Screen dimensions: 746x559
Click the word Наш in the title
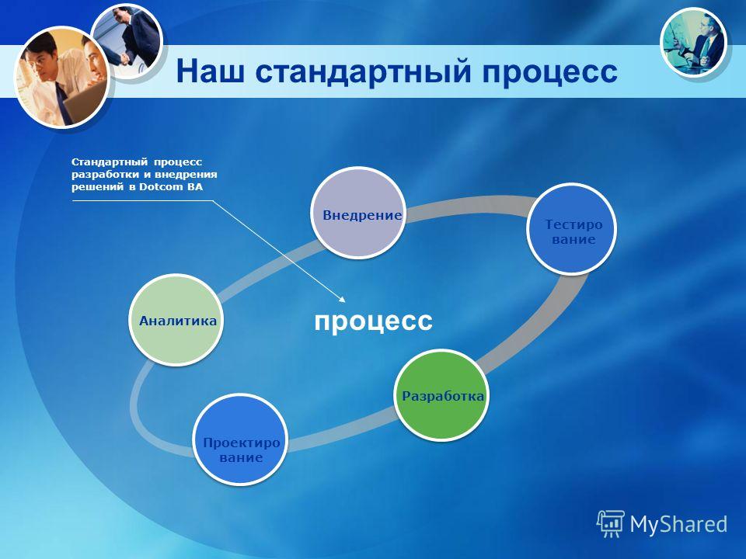tap(211, 71)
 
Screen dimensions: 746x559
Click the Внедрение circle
tap(357, 213)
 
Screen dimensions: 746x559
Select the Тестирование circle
tap(571, 228)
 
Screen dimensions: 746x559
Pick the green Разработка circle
tap(442, 395)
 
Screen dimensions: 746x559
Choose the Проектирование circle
tap(240, 439)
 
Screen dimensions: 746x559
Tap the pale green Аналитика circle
tap(176, 319)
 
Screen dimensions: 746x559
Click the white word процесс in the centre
tap(374, 321)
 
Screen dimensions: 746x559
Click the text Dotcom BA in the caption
tap(171, 187)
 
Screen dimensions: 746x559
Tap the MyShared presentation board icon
tap(611, 523)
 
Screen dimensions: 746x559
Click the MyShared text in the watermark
tap(678, 524)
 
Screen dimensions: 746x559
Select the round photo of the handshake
tap(127, 42)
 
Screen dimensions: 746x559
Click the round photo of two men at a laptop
tap(62, 78)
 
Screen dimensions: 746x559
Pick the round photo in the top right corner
tap(693, 42)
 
